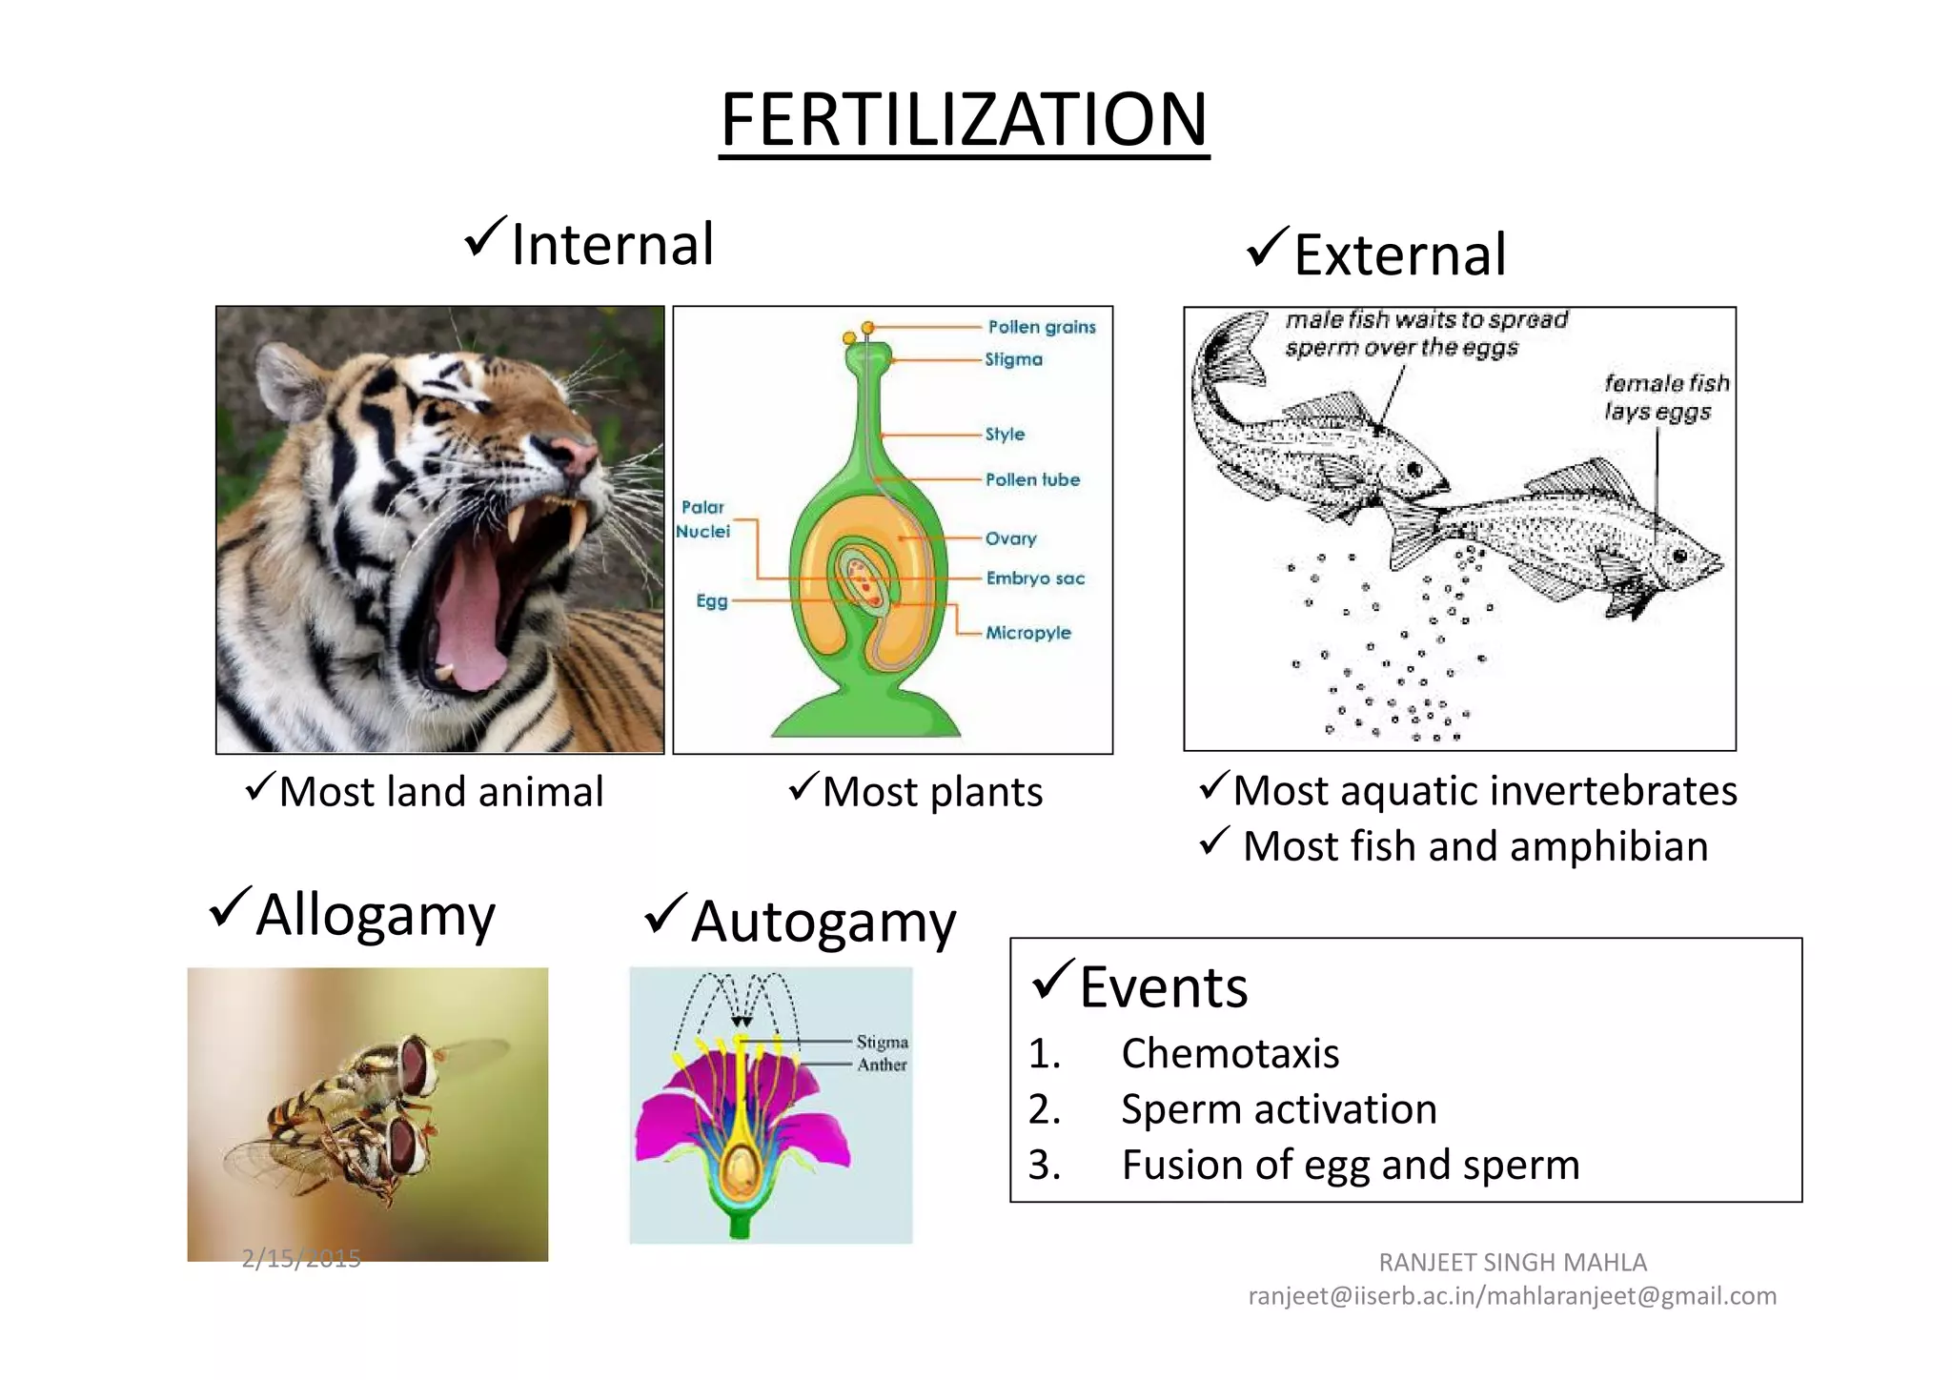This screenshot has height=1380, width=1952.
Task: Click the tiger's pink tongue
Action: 469,619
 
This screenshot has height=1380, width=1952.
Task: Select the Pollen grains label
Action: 1041,327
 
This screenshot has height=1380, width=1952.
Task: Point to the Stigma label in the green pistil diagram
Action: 1013,359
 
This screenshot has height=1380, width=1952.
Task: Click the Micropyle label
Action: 1027,633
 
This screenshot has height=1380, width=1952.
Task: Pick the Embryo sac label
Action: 1034,578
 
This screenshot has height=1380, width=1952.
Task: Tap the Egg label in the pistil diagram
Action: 711,600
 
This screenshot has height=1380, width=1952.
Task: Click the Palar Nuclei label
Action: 703,519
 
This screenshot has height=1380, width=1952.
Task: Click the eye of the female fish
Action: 1679,556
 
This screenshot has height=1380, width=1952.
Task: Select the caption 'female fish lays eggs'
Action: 1665,397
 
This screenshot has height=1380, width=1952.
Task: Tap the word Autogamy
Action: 823,923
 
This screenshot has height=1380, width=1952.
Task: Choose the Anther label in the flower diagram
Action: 882,1065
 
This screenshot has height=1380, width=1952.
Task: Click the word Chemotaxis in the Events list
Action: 1230,1054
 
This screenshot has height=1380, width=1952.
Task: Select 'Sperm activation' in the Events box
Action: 1278,1109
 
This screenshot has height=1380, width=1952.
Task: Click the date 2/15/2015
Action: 301,1259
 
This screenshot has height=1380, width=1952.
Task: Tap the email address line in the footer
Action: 1512,1296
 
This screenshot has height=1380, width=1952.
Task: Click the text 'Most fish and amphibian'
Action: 1474,846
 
